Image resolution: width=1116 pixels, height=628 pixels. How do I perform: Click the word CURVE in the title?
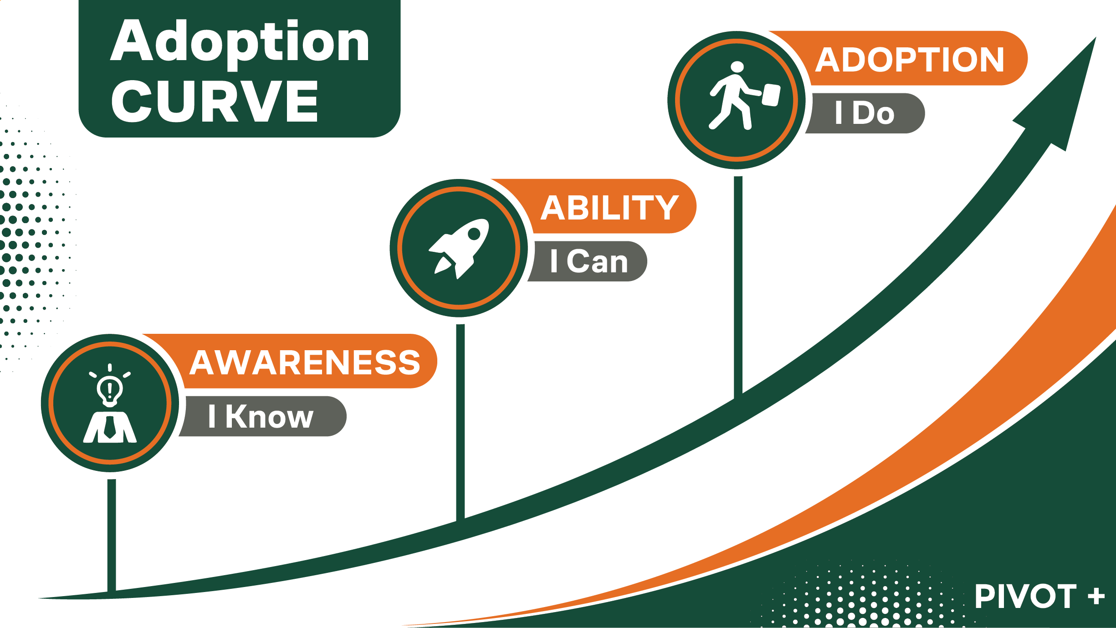click(x=215, y=101)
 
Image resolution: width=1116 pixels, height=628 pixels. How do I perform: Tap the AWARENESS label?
click(x=305, y=363)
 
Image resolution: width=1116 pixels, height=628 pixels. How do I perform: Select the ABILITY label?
click(x=609, y=208)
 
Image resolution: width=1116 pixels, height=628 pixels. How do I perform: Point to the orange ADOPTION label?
click(x=910, y=60)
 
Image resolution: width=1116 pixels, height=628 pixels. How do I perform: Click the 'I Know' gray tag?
click(x=261, y=416)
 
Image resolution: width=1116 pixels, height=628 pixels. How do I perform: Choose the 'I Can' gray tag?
click(x=589, y=261)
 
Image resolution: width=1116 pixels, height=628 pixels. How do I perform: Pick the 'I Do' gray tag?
click(x=865, y=113)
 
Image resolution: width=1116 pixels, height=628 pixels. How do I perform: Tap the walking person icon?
click(x=744, y=96)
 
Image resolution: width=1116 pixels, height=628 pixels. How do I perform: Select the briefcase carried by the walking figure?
click(x=771, y=95)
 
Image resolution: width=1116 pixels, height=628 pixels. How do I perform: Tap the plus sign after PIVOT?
click(x=1096, y=596)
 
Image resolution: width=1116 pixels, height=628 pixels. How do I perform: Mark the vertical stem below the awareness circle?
click(x=112, y=535)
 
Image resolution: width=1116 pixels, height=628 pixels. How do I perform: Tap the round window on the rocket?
click(x=474, y=234)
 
